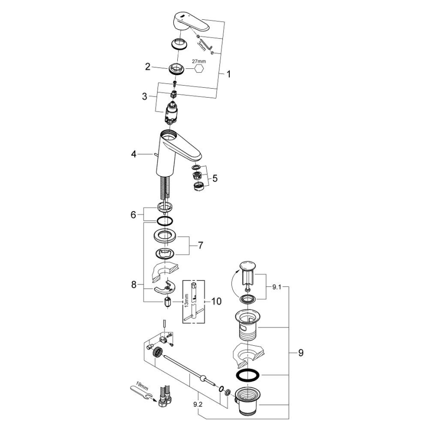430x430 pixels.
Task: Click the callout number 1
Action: click(228, 74)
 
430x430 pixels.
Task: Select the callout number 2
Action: click(147, 66)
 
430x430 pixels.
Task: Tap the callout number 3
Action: click(145, 97)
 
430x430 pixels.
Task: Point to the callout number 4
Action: click(133, 154)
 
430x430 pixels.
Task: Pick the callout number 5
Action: click(215, 177)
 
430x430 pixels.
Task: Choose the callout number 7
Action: click(201, 245)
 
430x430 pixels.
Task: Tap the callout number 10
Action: click(216, 301)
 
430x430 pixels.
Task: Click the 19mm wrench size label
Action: click(141, 383)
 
